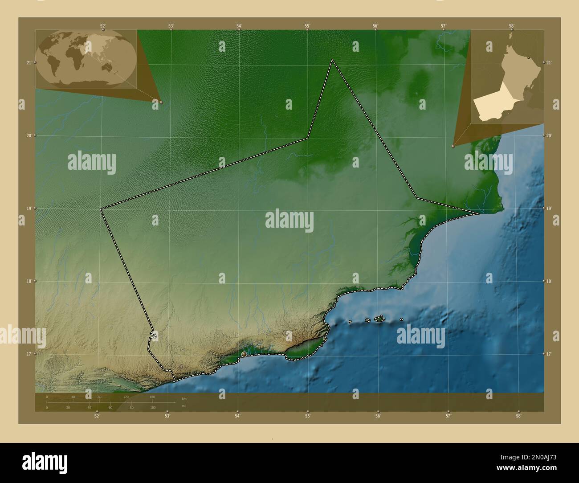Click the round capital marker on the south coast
244,354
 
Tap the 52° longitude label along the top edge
103,26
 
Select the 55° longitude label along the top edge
307,26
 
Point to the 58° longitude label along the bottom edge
518,416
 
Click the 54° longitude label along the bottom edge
238,416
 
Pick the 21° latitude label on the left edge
29,63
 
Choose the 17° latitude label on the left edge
29,354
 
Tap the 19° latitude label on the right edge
549,208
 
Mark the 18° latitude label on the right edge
549,281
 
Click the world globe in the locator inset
86,59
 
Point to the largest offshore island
379,319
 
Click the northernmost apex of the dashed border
332,60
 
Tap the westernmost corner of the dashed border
101,209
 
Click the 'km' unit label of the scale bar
184,398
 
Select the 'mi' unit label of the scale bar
184,406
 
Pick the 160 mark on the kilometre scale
152,397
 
